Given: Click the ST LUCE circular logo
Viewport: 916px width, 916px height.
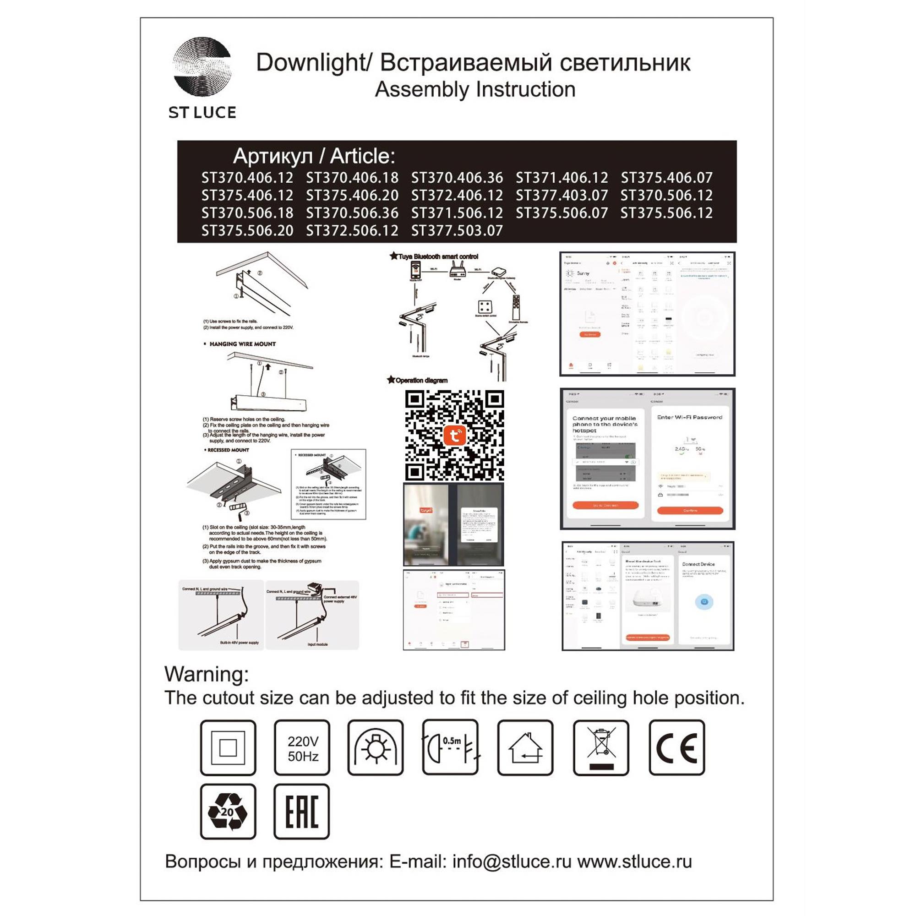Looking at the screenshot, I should (x=202, y=67).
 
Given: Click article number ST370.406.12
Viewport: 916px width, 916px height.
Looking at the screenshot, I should (x=247, y=178).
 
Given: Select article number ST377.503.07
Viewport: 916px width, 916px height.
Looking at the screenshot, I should (x=457, y=231).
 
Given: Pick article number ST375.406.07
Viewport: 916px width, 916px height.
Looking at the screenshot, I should (x=666, y=178).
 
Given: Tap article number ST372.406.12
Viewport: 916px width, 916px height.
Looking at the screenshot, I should (x=457, y=196).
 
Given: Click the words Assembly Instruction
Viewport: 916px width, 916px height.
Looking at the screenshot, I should (x=475, y=90).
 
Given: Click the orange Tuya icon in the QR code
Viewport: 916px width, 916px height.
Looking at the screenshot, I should (x=454, y=435).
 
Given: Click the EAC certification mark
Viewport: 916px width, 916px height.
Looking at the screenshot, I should (x=301, y=812).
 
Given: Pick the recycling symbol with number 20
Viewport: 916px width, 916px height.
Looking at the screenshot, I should (x=228, y=812).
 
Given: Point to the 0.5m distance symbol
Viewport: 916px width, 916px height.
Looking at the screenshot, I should (x=450, y=748).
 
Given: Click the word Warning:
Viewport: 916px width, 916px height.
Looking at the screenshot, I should (x=206, y=674).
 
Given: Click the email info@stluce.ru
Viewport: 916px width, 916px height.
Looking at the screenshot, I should (x=512, y=861).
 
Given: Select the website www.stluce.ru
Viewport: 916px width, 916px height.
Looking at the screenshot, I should (x=634, y=861).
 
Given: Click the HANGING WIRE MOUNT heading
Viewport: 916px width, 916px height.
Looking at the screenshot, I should (x=242, y=344).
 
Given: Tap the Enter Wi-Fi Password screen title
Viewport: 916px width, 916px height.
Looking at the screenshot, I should (x=689, y=417).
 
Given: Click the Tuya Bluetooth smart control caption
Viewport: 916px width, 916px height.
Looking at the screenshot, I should (x=437, y=256).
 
